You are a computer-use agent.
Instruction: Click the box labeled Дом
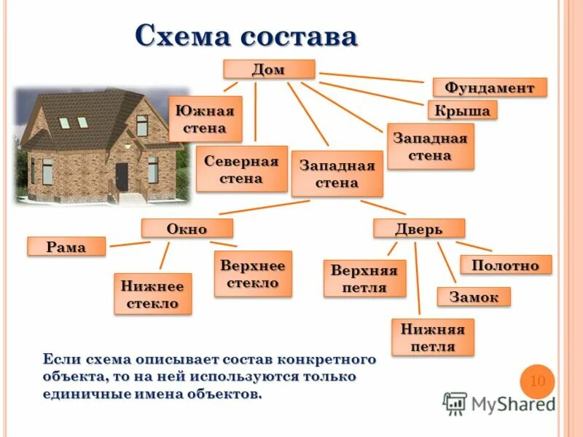pyautogui.click(x=268, y=69)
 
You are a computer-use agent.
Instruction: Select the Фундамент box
pyautogui.click(x=490, y=87)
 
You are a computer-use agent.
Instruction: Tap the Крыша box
pyautogui.click(x=461, y=110)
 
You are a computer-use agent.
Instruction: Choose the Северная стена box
pyautogui.click(x=241, y=169)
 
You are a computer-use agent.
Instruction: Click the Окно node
pyautogui.click(x=187, y=228)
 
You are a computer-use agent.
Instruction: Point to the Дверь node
pyautogui.click(x=418, y=228)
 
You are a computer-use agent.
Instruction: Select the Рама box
pyautogui.click(x=66, y=246)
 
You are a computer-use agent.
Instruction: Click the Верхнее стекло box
pyautogui.click(x=253, y=274)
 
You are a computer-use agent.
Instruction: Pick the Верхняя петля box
pyautogui.click(x=364, y=278)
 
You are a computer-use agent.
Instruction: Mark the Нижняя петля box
pyautogui.click(x=432, y=337)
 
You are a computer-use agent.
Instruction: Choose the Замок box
pyautogui.click(x=474, y=296)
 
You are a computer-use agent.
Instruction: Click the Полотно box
pyautogui.click(x=505, y=264)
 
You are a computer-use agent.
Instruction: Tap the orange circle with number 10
pyautogui.click(x=537, y=381)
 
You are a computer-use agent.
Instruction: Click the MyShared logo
pyautogui.click(x=498, y=403)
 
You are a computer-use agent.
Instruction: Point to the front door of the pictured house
pyautogui.click(x=121, y=175)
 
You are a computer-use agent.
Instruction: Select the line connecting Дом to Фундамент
pyautogui.click(x=371, y=77)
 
